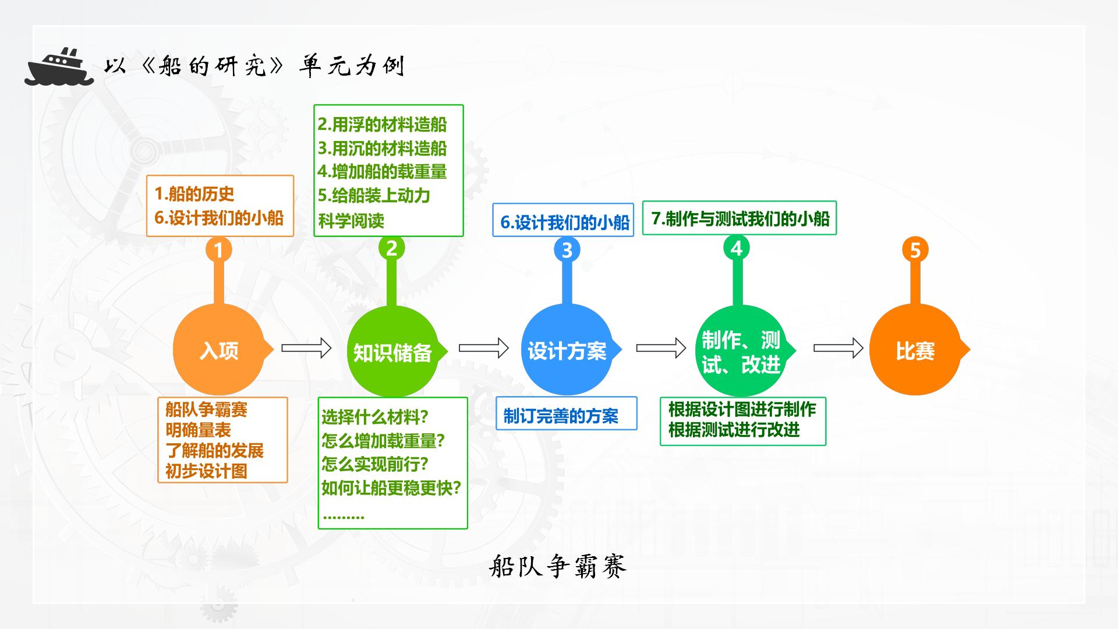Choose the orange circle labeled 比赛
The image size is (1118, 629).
tap(916, 349)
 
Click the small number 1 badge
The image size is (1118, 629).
tap(219, 250)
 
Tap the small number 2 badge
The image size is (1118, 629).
tap(391, 248)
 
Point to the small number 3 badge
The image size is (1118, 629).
tap(567, 250)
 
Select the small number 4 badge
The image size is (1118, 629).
tap(737, 248)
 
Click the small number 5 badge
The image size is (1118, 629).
tap(915, 250)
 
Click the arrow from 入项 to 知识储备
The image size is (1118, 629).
tap(306, 348)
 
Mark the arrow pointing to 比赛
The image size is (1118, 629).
tap(838, 348)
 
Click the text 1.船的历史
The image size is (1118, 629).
tap(194, 194)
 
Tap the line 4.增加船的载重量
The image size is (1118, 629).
tap(383, 172)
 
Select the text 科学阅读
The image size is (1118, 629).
tap(351, 221)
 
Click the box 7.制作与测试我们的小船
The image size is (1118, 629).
tap(740, 218)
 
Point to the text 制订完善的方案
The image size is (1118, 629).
tap(561, 416)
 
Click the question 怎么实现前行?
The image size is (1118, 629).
tap(375, 464)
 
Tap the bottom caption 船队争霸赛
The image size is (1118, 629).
tap(558, 566)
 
